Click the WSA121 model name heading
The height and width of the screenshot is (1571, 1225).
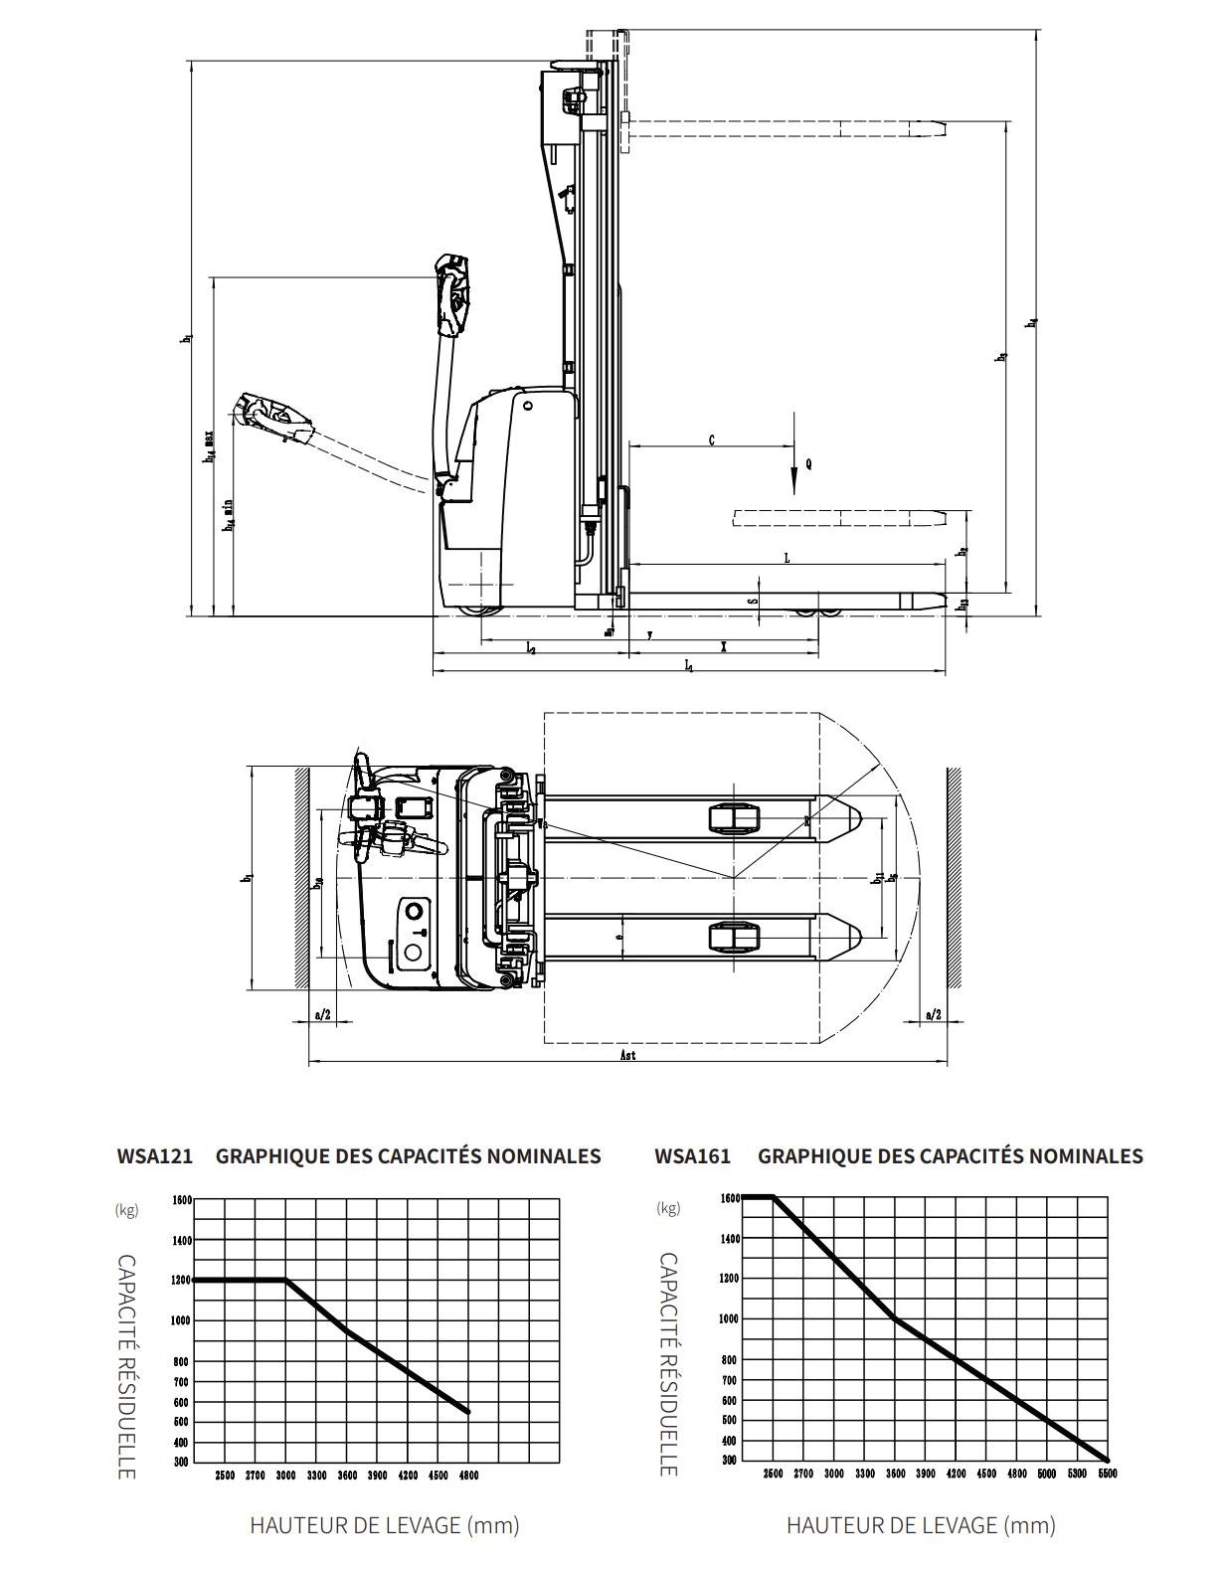click(x=154, y=1156)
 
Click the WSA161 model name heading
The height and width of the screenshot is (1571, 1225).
click(x=692, y=1156)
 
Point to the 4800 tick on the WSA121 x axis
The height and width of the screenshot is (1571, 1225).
click(x=468, y=1476)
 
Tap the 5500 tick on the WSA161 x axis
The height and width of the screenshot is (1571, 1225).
click(x=1108, y=1474)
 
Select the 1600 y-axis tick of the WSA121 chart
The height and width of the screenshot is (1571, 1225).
click(x=181, y=1200)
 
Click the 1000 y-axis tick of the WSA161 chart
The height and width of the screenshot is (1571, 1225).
click(x=729, y=1319)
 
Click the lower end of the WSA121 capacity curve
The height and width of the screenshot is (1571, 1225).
click(x=468, y=1411)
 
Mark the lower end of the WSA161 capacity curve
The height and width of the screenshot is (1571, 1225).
click(x=1107, y=1460)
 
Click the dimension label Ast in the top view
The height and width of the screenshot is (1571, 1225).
click(x=627, y=1055)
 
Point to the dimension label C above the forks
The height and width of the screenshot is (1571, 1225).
click(x=711, y=440)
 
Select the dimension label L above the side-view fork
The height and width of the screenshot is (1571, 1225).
click(x=787, y=558)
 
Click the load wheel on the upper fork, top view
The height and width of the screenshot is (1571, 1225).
click(x=734, y=818)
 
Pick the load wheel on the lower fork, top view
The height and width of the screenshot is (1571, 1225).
click(x=734, y=937)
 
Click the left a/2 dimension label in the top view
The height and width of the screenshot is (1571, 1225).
click(x=322, y=1015)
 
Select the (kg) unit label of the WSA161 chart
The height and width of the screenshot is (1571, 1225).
click(x=668, y=1208)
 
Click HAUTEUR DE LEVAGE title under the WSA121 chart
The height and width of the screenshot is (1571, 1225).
click(x=384, y=1525)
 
